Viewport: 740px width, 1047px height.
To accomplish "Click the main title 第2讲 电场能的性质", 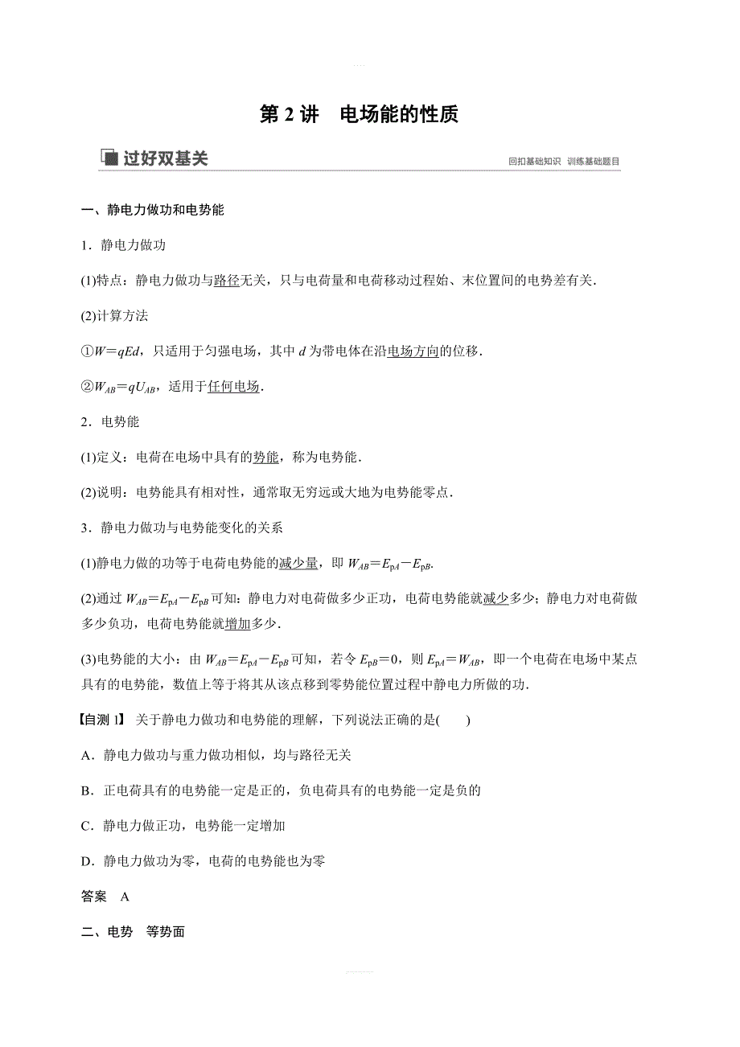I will (x=359, y=115).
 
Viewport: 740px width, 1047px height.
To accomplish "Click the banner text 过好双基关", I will (x=166, y=158).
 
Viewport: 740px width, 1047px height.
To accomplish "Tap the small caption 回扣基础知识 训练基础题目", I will (x=564, y=162).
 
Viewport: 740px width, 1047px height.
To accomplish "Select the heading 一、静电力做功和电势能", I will (x=153, y=211).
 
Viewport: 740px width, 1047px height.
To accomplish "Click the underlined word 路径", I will (x=226, y=280).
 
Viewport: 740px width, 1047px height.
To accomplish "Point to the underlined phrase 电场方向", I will (x=413, y=351).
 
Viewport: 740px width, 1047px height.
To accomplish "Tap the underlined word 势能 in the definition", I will (x=265, y=457).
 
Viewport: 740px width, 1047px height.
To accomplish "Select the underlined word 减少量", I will (x=298, y=564).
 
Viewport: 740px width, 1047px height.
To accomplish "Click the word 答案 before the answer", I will (x=94, y=897).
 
